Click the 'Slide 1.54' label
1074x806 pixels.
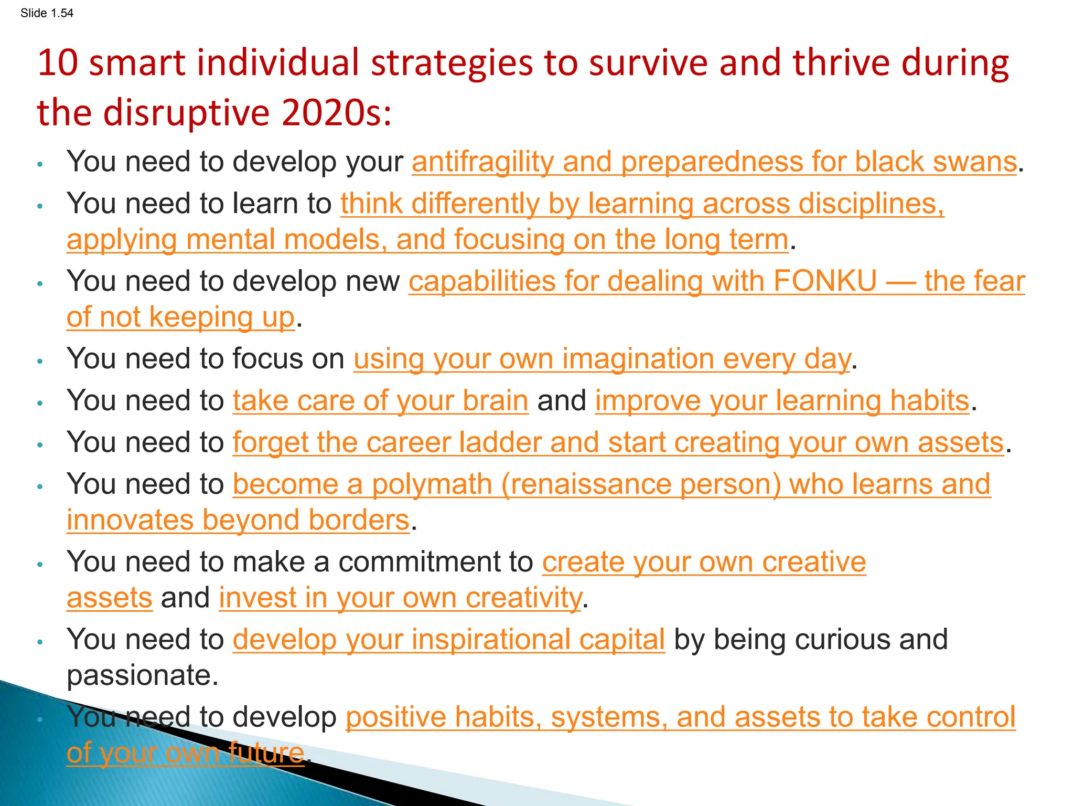pyautogui.click(x=47, y=13)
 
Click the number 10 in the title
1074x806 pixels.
pyautogui.click(x=57, y=63)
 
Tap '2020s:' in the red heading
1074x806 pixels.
pyautogui.click(x=336, y=113)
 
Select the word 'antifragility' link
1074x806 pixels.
pyautogui.click(x=482, y=162)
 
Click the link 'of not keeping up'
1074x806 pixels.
pyautogui.click(x=180, y=317)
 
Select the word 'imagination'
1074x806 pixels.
pyautogui.click(x=637, y=359)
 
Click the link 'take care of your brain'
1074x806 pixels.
pyautogui.click(x=380, y=401)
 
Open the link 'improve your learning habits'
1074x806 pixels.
pyautogui.click(x=782, y=401)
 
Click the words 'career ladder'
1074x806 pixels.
pyautogui.click(x=454, y=443)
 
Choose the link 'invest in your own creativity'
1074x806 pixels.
pyautogui.click(x=400, y=598)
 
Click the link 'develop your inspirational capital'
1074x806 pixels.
pyautogui.click(x=448, y=640)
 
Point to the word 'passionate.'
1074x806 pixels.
pyautogui.click(x=142, y=676)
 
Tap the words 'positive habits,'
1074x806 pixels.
pyautogui.click(x=444, y=717)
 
